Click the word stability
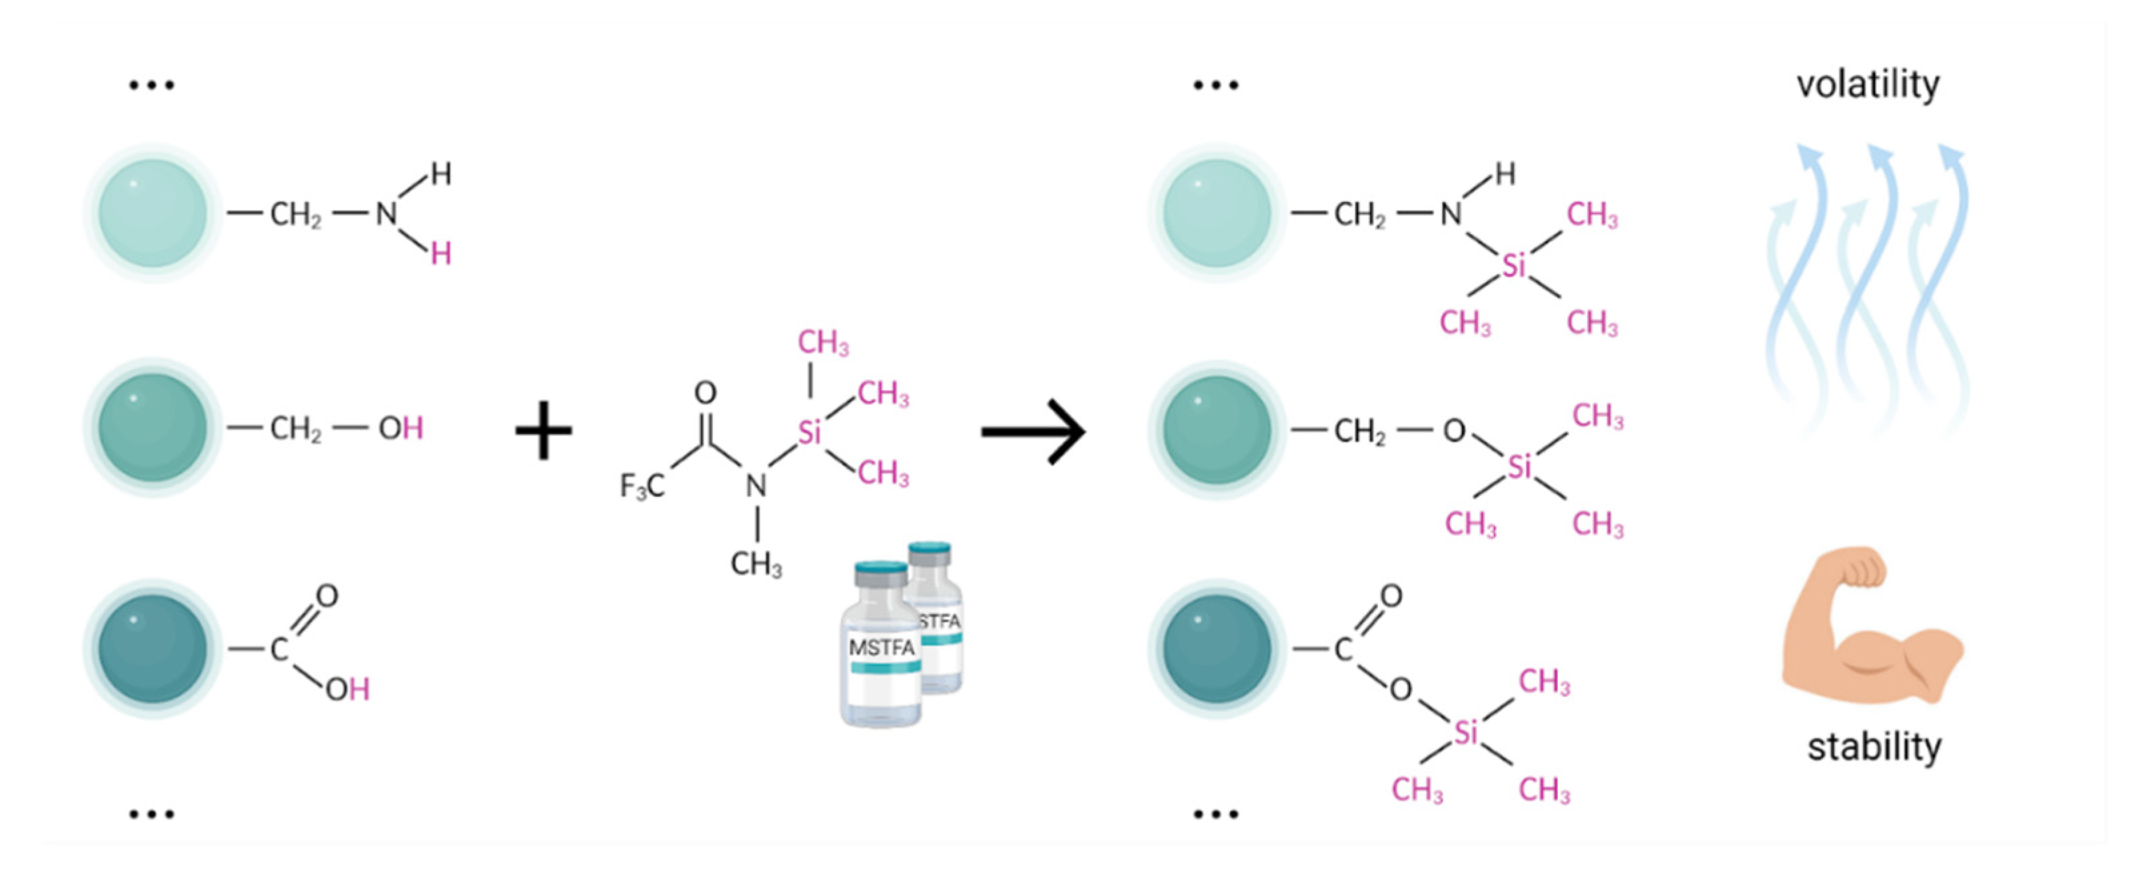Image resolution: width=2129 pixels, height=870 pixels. pos(1874,747)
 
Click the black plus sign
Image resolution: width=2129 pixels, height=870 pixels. pos(543,430)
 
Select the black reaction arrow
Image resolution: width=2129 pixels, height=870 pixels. pos(1033,431)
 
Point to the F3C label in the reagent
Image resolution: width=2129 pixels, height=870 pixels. pos(642,485)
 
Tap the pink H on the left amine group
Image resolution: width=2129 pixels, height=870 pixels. pos(440,254)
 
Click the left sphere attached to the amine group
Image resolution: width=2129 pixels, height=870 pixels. pos(153,213)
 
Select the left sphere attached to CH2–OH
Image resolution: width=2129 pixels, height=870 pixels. pos(153,427)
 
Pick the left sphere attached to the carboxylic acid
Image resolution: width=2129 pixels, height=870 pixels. pos(153,649)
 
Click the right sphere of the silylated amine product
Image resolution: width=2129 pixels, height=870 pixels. pos(1217,213)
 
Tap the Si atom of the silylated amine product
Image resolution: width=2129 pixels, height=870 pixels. pos(1513,266)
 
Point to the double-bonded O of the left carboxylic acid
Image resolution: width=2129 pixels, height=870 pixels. pos(327,595)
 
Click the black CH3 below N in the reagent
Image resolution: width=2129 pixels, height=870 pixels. pos(756,565)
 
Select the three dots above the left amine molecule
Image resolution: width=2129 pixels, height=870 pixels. pos(152,85)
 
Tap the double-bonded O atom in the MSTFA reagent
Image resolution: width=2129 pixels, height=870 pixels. pos(705,392)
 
